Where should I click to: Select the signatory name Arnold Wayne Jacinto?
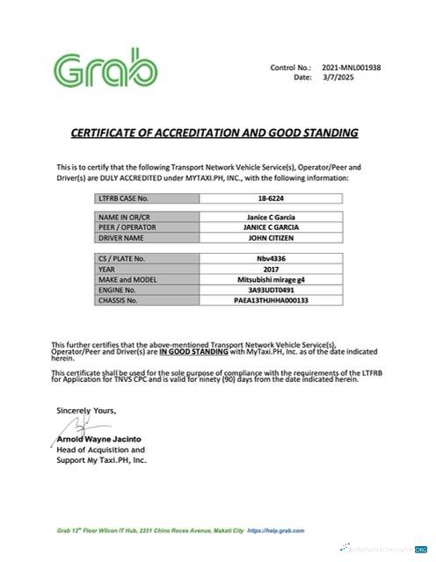[99, 438]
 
